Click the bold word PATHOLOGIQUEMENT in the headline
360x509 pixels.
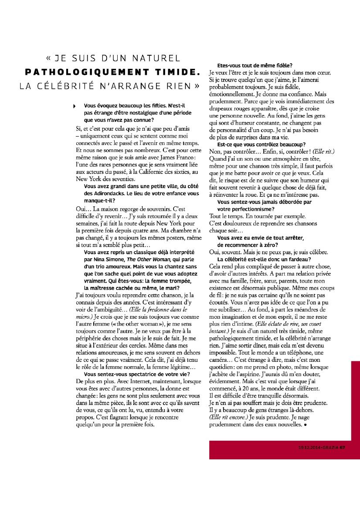[x=88, y=71]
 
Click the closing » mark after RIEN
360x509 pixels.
[x=197, y=85]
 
